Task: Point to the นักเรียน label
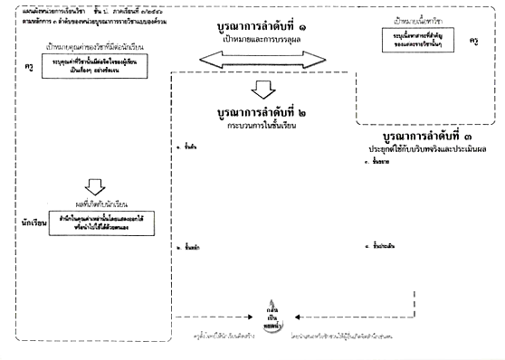tap(22, 221)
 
